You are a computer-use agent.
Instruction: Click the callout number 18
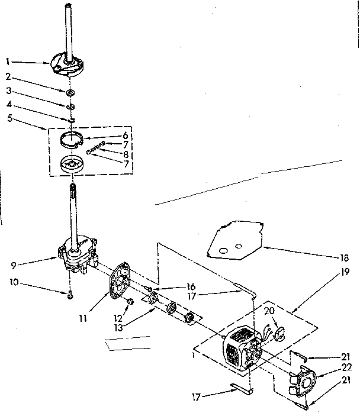(x=345, y=258)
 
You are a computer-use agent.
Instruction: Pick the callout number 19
(x=345, y=275)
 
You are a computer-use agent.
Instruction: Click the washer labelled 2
(x=70, y=92)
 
